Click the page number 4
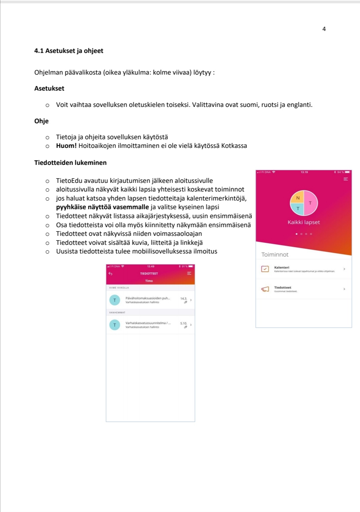(x=324, y=29)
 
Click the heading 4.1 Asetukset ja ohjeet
(x=69, y=51)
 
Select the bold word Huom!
(x=66, y=146)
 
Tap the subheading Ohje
(x=41, y=121)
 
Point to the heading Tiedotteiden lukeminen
(x=70, y=163)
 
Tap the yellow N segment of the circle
(x=298, y=198)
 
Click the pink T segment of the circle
(x=310, y=203)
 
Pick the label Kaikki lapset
(x=304, y=222)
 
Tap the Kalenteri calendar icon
(x=265, y=268)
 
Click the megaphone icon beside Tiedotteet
(x=265, y=289)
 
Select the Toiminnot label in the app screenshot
(x=275, y=255)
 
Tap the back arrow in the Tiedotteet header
(x=111, y=273)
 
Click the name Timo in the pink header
(x=149, y=281)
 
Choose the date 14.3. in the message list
(x=184, y=298)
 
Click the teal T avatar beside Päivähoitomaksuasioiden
(x=115, y=300)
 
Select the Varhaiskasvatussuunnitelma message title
(x=148, y=323)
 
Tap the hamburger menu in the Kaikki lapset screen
(x=346, y=179)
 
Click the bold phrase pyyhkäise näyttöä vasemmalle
(x=102, y=207)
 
